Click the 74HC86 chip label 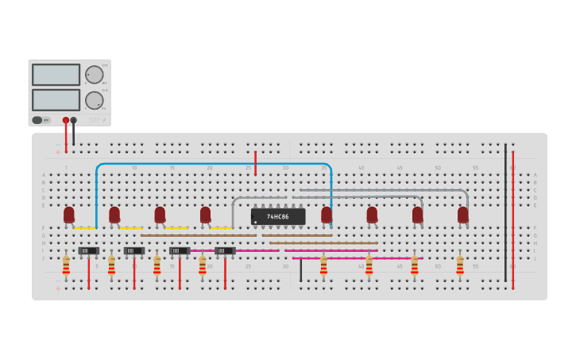click(x=278, y=216)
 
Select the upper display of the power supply click(x=56, y=75)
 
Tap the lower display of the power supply click(x=56, y=100)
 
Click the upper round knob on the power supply click(x=95, y=75)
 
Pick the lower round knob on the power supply click(x=95, y=100)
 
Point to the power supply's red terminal click(x=66, y=120)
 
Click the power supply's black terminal click(x=74, y=120)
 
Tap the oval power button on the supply click(x=37, y=120)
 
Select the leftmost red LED click(x=69, y=215)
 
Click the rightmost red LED click(x=463, y=215)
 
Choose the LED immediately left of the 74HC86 click(x=206, y=215)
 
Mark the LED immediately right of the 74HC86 click(x=327, y=215)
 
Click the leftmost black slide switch click(x=88, y=251)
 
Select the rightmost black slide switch click(x=225, y=251)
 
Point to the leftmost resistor click(x=66, y=266)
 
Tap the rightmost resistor click(x=460, y=266)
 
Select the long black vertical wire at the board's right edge click(x=505, y=215)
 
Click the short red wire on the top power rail click(x=255, y=163)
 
